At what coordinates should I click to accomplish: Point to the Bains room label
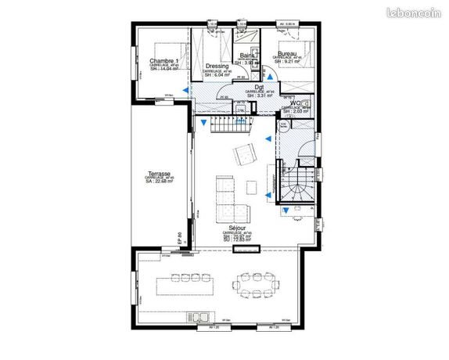(247, 56)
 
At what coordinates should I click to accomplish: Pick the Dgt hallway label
(258, 87)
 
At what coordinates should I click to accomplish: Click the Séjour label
(236, 228)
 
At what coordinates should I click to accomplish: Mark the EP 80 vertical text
(180, 238)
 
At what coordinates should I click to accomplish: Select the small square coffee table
(252, 186)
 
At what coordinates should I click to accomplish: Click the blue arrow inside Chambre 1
(186, 91)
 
